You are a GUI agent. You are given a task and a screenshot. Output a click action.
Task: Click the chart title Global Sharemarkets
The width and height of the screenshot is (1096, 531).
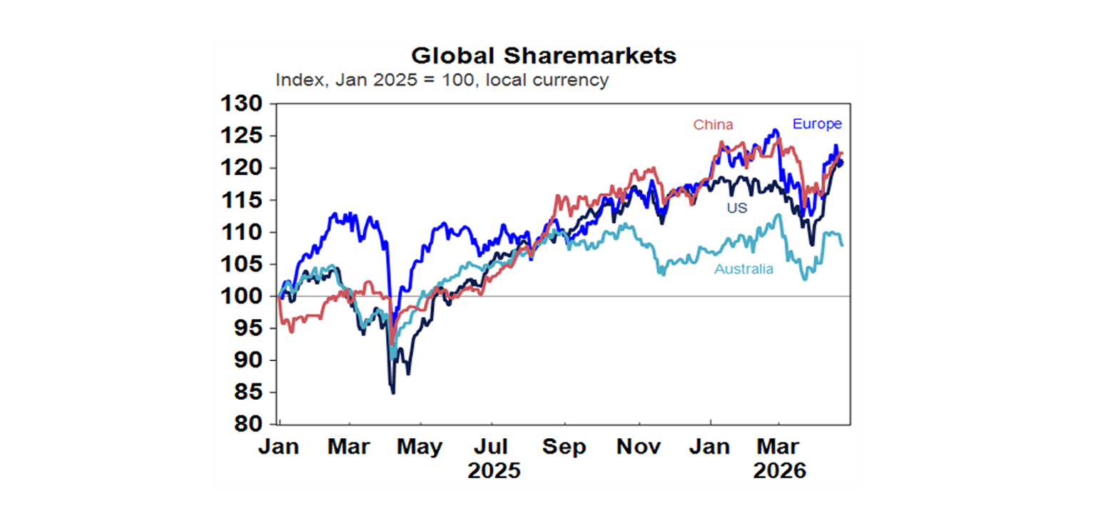[544, 56]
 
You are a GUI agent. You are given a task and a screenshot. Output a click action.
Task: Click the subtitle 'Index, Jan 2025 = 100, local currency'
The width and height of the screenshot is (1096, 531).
[442, 80]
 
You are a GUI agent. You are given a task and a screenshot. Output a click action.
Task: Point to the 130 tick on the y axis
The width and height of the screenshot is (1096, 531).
[241, 104]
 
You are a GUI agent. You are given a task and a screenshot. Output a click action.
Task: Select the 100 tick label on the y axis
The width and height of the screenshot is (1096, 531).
[241, 296]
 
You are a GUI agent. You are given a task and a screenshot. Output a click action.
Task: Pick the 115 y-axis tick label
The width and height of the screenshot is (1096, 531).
[241, 201]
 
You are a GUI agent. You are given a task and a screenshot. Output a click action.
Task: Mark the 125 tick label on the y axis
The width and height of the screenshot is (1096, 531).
[241, 136]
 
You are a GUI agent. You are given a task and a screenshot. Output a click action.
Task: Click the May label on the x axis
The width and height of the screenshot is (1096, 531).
[419, 447]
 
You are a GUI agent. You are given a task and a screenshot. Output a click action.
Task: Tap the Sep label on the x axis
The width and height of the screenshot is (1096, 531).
[564, 447]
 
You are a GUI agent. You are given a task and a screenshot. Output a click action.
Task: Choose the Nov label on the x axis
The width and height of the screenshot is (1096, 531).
[638, 447]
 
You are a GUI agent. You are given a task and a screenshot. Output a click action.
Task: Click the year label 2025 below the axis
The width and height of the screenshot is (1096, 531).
[494, 472]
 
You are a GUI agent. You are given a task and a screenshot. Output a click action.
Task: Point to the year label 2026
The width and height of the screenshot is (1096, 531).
[779, 472]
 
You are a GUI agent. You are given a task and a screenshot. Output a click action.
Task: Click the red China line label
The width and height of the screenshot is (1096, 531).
[713, 125]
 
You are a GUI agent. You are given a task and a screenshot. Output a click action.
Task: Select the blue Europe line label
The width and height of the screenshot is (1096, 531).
[817, 124]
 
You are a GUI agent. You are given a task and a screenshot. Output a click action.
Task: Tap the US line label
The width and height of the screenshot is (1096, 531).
[736, 208]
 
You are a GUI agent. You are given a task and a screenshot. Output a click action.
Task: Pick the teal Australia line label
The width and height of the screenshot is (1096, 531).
[744, 270]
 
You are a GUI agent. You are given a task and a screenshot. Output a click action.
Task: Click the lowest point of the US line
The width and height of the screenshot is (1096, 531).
[393, 393]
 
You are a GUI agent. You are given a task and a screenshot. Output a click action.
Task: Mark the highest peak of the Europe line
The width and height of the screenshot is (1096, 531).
[775, 131]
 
